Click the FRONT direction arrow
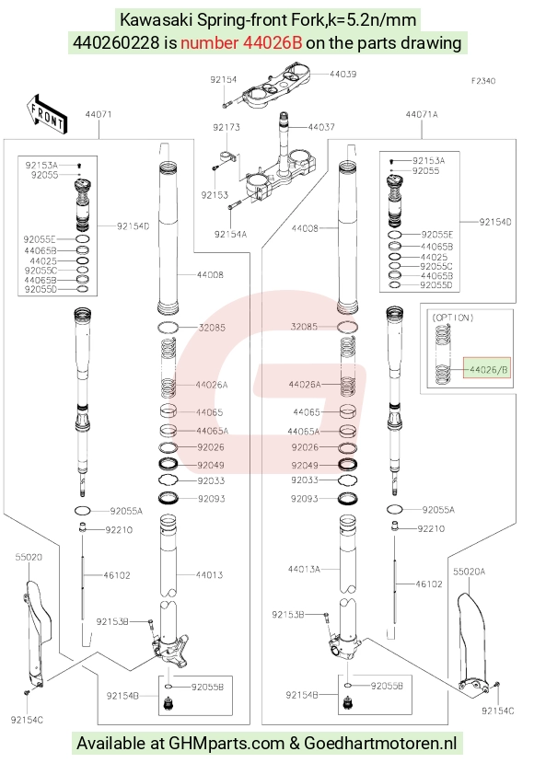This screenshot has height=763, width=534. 47,114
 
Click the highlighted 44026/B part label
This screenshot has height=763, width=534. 487,370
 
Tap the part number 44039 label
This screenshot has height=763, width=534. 342,74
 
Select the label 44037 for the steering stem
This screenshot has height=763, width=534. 321,127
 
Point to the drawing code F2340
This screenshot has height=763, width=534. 482,81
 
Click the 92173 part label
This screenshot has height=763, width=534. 226,128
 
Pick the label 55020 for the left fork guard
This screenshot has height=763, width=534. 29,557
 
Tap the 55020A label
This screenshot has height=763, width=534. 470,572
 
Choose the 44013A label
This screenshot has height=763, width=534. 304,569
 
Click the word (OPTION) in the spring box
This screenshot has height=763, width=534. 452,318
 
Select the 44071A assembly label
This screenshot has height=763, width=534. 422,114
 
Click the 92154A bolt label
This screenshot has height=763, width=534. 230,234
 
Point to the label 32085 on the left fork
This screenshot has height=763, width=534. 212,328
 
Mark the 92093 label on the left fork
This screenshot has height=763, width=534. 211,498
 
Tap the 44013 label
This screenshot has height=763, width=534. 209,574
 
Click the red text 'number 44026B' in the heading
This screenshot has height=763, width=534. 241,43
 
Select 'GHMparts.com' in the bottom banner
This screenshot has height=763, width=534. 226,744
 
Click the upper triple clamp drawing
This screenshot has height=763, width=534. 276,88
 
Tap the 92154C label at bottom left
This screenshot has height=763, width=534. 27,720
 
